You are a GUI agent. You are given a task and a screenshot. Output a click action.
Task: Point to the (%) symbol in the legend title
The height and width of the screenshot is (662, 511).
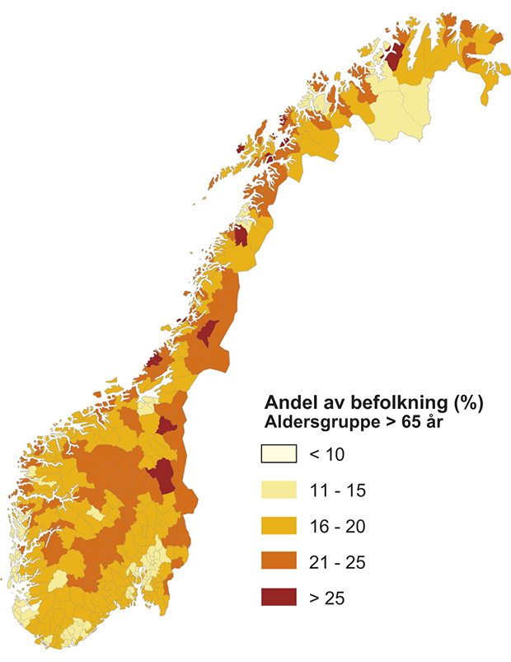coord(466,404)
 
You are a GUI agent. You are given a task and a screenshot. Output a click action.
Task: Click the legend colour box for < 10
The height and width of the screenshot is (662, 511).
coord(279,453)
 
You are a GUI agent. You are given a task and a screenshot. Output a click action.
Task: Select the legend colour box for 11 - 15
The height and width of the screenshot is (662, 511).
coord(279,490)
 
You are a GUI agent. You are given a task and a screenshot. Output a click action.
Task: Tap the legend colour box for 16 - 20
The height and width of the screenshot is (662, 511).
coord(279,526)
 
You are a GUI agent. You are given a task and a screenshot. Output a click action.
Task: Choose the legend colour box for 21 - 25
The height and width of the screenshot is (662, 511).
coord(279,561)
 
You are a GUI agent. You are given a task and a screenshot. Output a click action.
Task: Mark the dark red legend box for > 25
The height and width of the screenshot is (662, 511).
coord(279,598)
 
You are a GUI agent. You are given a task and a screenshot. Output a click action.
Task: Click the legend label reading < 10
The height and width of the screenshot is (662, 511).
coord(325,453)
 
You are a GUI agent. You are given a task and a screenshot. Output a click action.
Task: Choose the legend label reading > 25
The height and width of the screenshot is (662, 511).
coord(325,598)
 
